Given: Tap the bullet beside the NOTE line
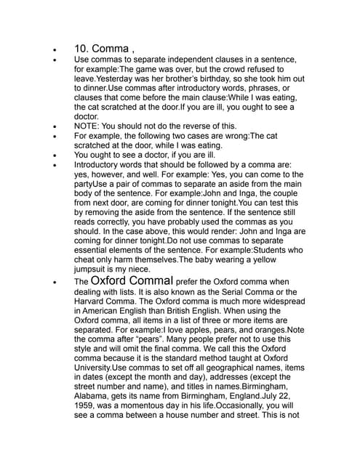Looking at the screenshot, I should point(55,126).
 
